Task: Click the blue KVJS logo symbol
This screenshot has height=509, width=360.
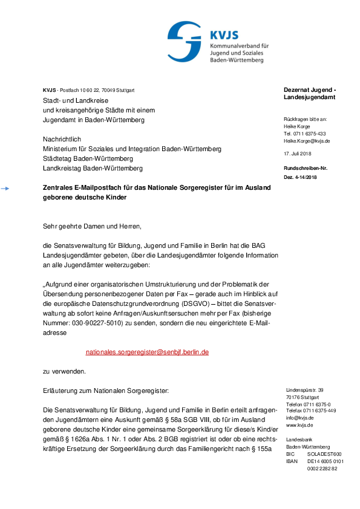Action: [184, 41]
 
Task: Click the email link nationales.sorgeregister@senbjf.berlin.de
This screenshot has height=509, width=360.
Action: [147, 352]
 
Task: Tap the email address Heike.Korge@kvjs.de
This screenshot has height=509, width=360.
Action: [307, 140]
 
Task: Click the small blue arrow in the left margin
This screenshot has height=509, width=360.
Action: [5, 189]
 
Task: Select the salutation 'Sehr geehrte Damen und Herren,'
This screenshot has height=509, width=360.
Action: [91, 227]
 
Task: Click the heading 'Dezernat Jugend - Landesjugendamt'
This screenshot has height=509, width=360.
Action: [310, 94]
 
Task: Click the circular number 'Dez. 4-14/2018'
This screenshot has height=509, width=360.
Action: [300, 177]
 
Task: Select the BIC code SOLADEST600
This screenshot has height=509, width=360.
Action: [324, 454]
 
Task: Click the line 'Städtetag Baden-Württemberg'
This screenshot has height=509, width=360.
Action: [88, 158]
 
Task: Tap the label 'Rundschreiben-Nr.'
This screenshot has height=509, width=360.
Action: [306, 167]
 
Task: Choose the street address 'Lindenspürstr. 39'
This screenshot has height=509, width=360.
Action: [305, 390]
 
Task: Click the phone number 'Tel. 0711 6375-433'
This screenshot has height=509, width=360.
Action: [305, 134]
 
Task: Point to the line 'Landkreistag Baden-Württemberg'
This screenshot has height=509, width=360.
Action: [93, 168]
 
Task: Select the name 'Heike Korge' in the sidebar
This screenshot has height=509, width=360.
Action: [297, 127]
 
